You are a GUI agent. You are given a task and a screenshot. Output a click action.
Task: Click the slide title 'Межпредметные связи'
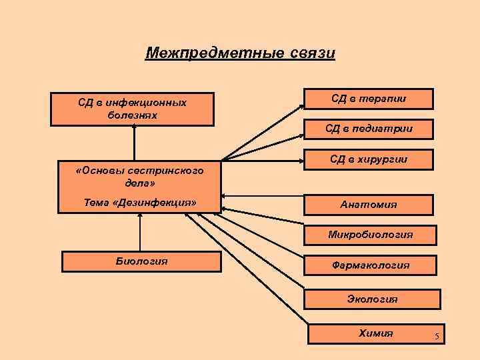(x=239, y=53)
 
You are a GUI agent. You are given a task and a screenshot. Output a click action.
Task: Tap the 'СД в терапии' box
(x=369, y=99)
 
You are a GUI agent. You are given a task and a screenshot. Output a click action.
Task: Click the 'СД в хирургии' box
(x=369, y=159)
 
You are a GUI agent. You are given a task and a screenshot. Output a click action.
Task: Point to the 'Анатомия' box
(x=369, y=204)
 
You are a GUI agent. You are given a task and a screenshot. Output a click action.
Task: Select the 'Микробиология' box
(x=370, y=235)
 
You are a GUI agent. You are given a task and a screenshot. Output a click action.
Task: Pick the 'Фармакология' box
(x=371, y=265)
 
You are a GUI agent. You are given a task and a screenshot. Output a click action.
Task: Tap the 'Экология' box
(x=372, y=299)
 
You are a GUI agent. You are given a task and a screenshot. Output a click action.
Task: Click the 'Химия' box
(x=376, y=333)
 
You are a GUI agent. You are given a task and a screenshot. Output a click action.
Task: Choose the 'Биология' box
(x=141, y=261)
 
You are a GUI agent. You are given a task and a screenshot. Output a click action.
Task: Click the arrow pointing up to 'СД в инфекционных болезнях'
(x=134, y=142)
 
